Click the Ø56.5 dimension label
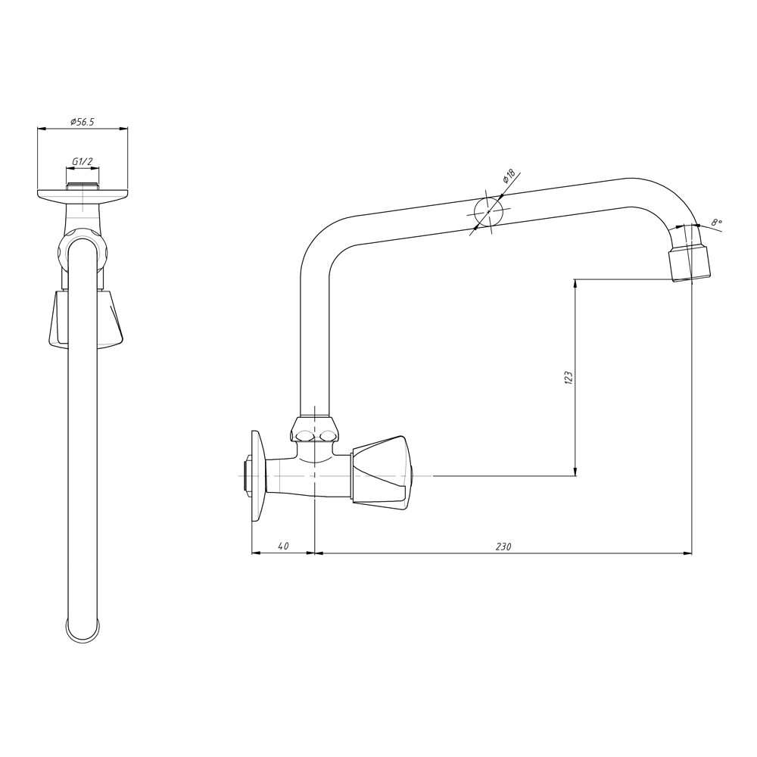(x=82, y=122)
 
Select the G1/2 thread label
(x=82, y=161)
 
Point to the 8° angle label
(x=716, y=222)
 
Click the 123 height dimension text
(x=569, y=377)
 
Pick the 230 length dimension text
(x=503, y=547)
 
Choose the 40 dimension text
(x=283, y=546)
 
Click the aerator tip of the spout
(x=690, y=263)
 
